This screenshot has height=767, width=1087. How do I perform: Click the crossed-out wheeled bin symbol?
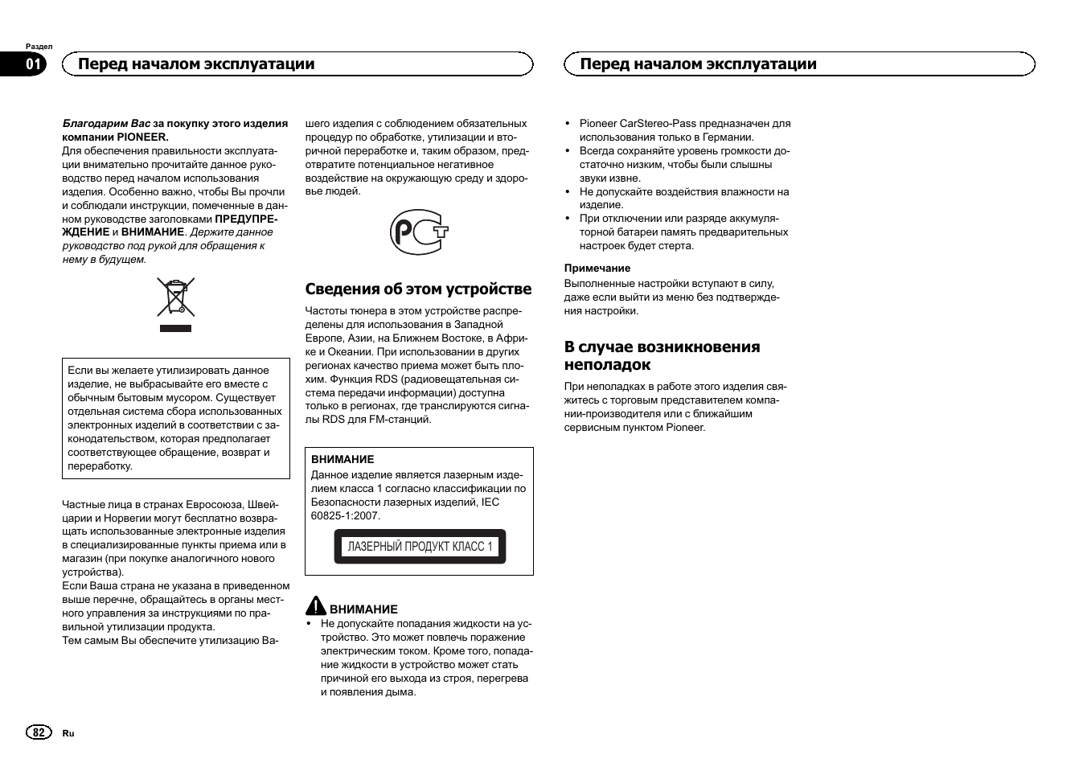175,297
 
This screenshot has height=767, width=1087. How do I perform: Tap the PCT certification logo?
419,232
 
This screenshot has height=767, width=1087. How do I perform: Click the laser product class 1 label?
420,547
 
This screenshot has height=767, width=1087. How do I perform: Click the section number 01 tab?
33,64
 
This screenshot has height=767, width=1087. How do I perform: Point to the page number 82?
38,732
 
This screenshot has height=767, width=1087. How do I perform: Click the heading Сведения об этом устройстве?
418,289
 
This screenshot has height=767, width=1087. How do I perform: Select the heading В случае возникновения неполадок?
662,355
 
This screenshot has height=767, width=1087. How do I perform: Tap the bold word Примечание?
597,269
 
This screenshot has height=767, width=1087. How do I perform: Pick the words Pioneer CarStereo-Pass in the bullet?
638,124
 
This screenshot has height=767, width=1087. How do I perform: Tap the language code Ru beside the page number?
68,733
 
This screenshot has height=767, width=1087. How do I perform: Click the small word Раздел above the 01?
39,47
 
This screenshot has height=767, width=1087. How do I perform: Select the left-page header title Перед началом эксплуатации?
196,64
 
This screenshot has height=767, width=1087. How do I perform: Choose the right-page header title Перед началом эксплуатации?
698,64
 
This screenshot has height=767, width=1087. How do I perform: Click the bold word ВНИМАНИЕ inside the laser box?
343,460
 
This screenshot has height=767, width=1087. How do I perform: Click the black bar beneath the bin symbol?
175,328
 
